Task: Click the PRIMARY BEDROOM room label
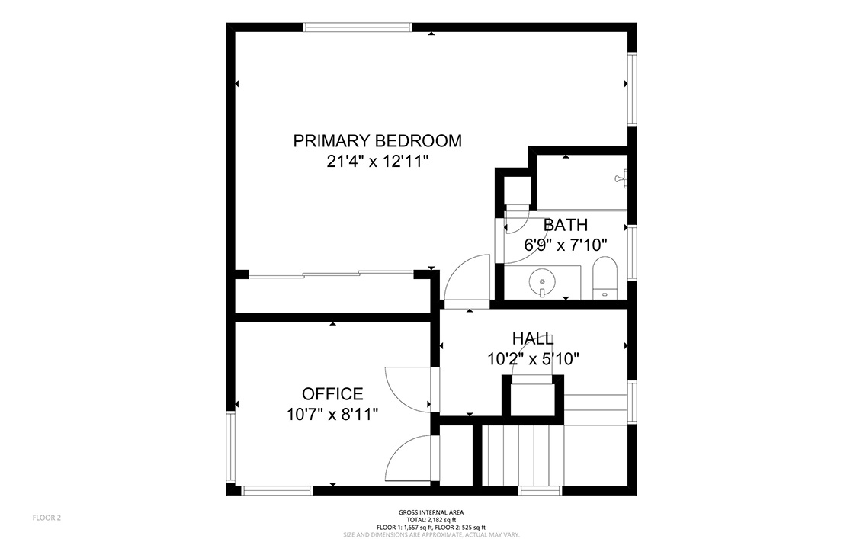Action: click(377, 141)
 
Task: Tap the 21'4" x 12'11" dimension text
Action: click(377, 162)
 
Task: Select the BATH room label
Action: click(565, 225)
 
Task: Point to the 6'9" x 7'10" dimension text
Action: click(565, 245)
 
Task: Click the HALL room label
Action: click(533, 338)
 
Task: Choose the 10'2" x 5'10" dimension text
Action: click(533, 359)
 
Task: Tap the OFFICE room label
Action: click(332, 393)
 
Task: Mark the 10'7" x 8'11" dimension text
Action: click(332, 414)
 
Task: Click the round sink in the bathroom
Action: click(542, 283)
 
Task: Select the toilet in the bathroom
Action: click(605, 278)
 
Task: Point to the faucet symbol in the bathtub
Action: click(621, 178)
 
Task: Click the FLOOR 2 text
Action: click(47, 518)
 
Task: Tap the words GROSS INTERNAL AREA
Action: click(431, 512)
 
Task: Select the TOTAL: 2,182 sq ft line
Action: click(431, 520)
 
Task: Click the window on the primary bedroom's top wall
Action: click(358, 27)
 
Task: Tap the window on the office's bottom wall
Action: click(277, 490)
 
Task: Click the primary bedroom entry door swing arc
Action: click(467, 278)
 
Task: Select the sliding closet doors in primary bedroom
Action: click(332, 274)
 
